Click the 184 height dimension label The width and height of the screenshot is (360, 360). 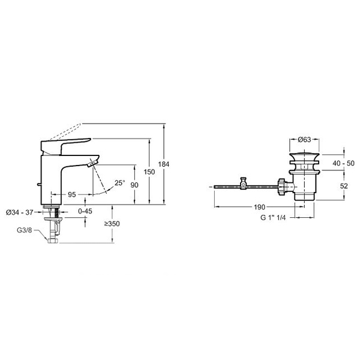(163, 164)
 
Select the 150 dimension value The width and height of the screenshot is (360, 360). (149, 172)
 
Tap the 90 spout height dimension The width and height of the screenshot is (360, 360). (134, 185)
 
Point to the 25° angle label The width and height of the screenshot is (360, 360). (120, 183)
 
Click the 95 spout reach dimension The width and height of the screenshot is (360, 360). (72, 194)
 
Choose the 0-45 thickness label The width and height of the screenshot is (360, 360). (85, 211)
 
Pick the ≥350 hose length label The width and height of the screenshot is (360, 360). (112, 224)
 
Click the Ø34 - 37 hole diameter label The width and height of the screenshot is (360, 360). (20, 212)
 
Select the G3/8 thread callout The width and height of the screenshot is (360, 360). (25, 230)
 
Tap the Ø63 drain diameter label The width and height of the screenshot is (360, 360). (304, 139)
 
